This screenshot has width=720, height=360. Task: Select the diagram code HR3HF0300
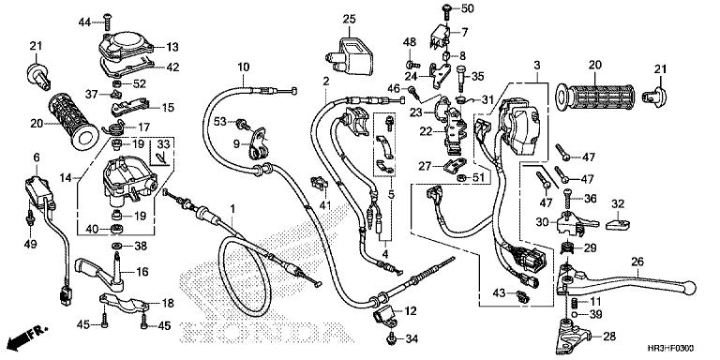coord(677,348)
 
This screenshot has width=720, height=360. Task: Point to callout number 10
coord(243,67)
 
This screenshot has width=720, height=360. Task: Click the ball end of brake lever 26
coord(691,287)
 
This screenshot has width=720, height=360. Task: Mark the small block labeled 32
coord(616,223)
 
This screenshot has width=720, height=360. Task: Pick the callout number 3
coord(536,64)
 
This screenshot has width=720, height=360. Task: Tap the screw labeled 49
coord(32,220)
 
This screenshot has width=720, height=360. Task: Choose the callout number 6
coord(37,157)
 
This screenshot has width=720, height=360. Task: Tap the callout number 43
coord(496,294)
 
